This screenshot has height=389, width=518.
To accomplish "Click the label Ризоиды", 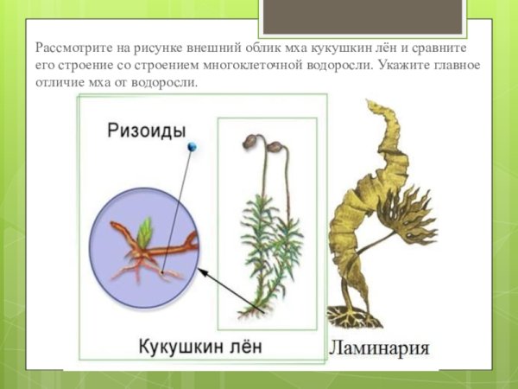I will coord(146,131).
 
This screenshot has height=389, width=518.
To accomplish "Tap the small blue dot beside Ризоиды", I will coord(192,148).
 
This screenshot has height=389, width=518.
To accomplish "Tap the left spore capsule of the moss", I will coord(250,141).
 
